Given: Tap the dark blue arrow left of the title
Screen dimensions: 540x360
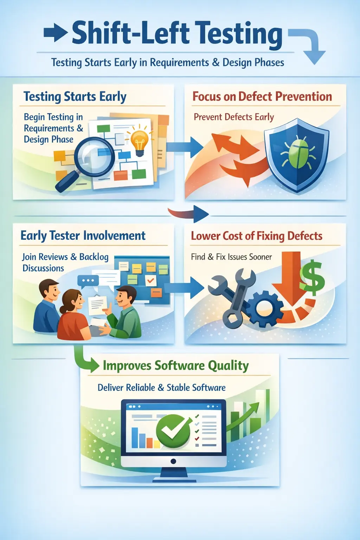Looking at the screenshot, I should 56,33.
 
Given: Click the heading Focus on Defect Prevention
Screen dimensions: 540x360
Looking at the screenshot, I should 262,97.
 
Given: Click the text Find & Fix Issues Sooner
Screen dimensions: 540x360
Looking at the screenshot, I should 231,257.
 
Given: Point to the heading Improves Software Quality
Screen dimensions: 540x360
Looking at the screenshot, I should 175,366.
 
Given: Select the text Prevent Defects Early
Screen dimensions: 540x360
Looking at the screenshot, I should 234,117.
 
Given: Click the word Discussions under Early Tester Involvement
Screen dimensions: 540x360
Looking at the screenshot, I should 43,268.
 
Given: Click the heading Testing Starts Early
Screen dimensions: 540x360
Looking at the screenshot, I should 75,97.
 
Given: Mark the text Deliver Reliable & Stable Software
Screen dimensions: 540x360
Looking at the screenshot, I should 161,388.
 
